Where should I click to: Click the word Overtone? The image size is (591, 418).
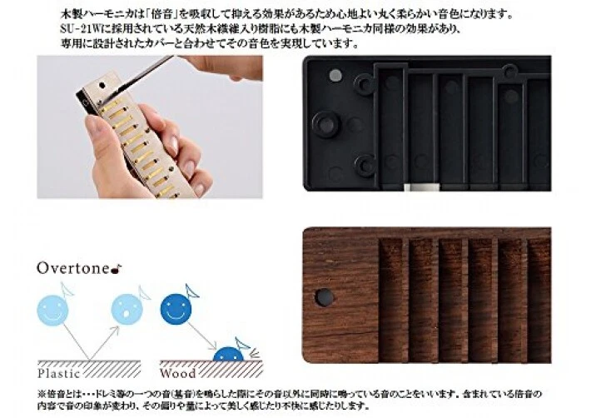tap(70, 268)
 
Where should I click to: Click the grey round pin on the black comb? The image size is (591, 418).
tap(335, 76)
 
